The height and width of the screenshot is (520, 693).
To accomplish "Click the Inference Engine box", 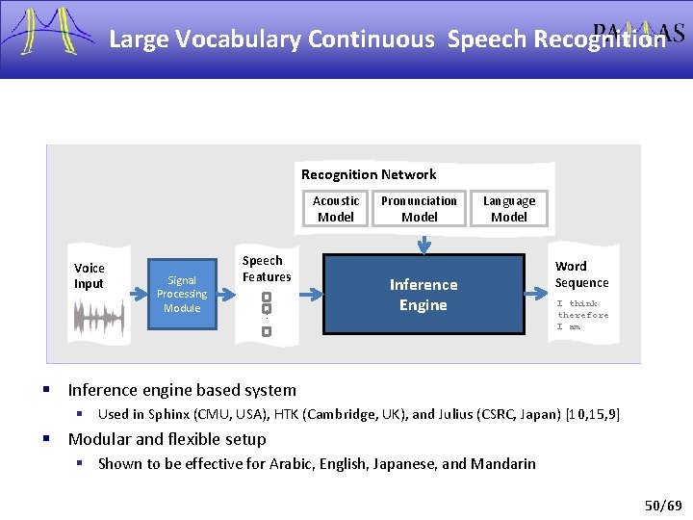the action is pos(423,295).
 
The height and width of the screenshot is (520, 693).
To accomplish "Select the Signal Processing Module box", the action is pos(182,294).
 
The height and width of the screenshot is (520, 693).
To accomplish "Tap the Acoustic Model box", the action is pos(336,209).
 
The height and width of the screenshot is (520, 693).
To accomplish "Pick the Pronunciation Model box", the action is pos(419,209).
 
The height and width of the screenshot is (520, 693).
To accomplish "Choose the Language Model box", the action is pos(509,209).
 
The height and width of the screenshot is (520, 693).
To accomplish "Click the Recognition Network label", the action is pos(369,174).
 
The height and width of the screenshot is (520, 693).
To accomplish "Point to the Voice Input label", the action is pos(90,275).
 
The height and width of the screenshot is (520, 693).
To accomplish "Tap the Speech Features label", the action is pos(267,269).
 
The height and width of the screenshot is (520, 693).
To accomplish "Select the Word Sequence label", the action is pos(581,274).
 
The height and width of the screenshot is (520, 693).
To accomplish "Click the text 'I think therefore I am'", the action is pos(582,315).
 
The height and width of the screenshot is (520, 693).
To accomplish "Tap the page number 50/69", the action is pos(662,505).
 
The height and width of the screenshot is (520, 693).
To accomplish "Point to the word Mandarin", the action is pos(503,463).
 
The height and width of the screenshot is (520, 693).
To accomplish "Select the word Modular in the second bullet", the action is pos(99,439).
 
